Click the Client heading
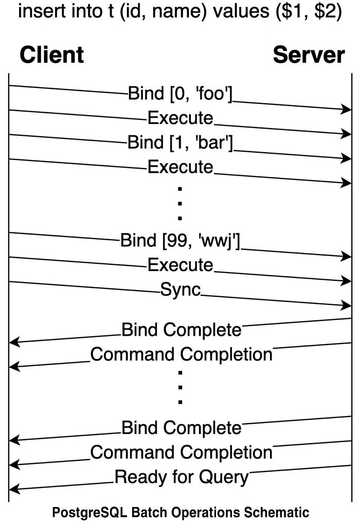pyautogui.click(x=51, y=55)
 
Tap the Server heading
pyautogui.click(x=309, y=55)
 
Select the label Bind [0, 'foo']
pyautogui.click(x=181, y=94)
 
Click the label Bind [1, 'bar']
pyautogui.click(x=181, y=143)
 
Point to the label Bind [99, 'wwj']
pyautogui.click(x=181, y=240)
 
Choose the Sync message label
pyautogui.click(x=181, y=290)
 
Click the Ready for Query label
pyautogui.click(x=181, y=477)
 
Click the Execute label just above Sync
pyautogui.click(x=181, y=265)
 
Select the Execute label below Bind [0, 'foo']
pyautogui.click(x=181, y=118)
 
